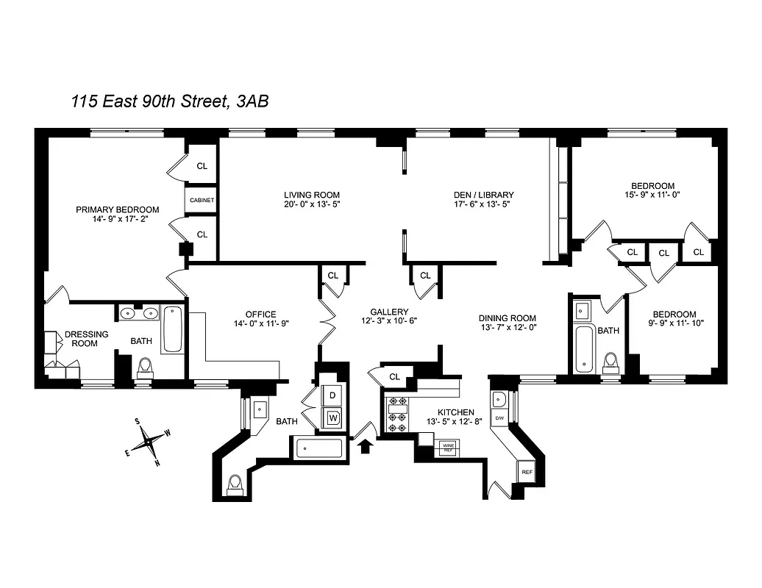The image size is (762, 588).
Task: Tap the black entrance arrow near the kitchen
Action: coord(365,443)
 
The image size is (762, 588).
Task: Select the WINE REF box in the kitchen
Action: coord(447,445)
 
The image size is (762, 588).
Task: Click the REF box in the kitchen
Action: coord(527,471)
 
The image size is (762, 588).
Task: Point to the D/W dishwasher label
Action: coord(499,418)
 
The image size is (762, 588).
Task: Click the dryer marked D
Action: coord(332,395)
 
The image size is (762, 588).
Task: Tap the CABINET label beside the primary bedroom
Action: coord(202,201)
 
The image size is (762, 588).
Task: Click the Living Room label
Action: coord(312,195)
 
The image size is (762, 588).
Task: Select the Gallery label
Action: coord(389,312)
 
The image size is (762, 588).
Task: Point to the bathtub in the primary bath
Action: coord(174,329)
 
